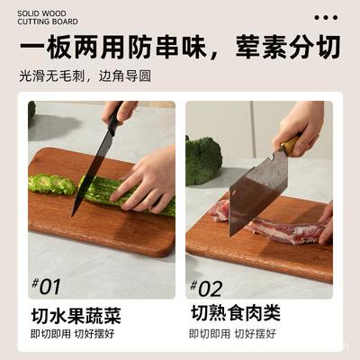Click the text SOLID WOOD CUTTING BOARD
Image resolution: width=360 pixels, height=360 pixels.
coord(47,18)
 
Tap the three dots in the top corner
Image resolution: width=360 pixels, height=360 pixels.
coord(326,17)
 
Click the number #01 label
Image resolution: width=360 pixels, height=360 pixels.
coord(46,288)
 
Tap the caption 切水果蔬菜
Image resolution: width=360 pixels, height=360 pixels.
coord(75,316)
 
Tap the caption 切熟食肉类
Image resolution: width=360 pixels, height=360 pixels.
coord(236,314)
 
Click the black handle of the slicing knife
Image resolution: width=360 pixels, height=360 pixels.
coord(112,120)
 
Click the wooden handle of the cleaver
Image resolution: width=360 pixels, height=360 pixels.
coord(290,144)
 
